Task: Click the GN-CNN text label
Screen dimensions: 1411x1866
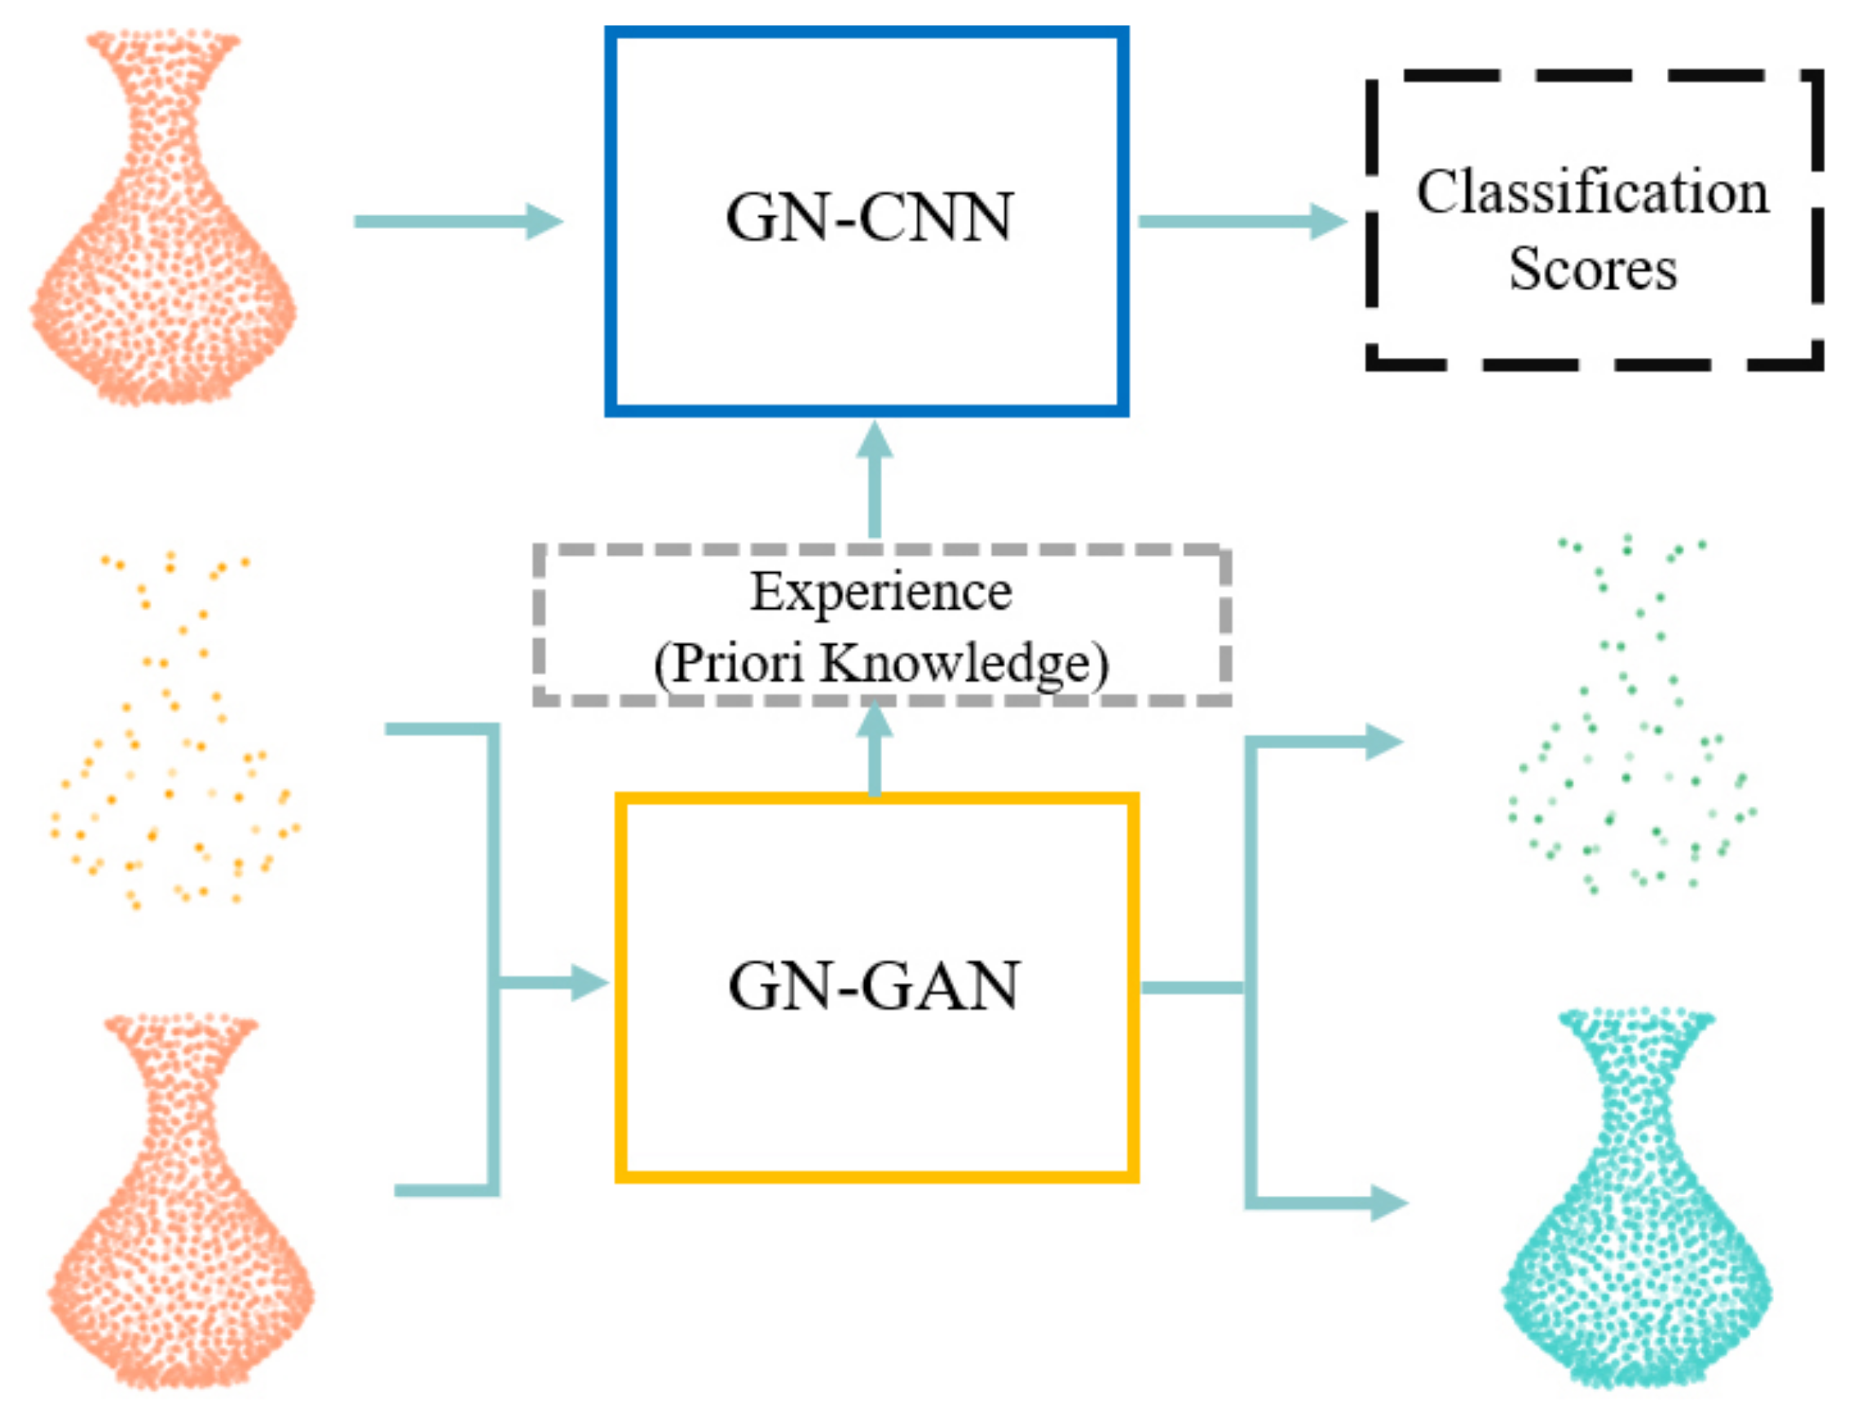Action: click(869, 218)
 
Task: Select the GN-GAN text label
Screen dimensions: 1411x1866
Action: click(874, 986)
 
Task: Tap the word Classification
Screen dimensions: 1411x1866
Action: click(1592, 192)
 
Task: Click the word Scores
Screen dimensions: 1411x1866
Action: click(1592, 269)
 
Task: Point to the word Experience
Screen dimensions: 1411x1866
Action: click(880, 592)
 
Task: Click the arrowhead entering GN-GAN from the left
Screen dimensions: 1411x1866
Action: click(589, 982)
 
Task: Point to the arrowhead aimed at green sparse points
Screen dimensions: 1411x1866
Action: click(1383, 743)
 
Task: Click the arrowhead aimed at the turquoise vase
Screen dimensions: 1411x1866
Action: click(1387, 1202)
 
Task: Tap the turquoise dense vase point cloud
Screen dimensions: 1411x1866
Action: click(1637, 1248)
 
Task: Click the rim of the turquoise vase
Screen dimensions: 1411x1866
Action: click(1637, 1019)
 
